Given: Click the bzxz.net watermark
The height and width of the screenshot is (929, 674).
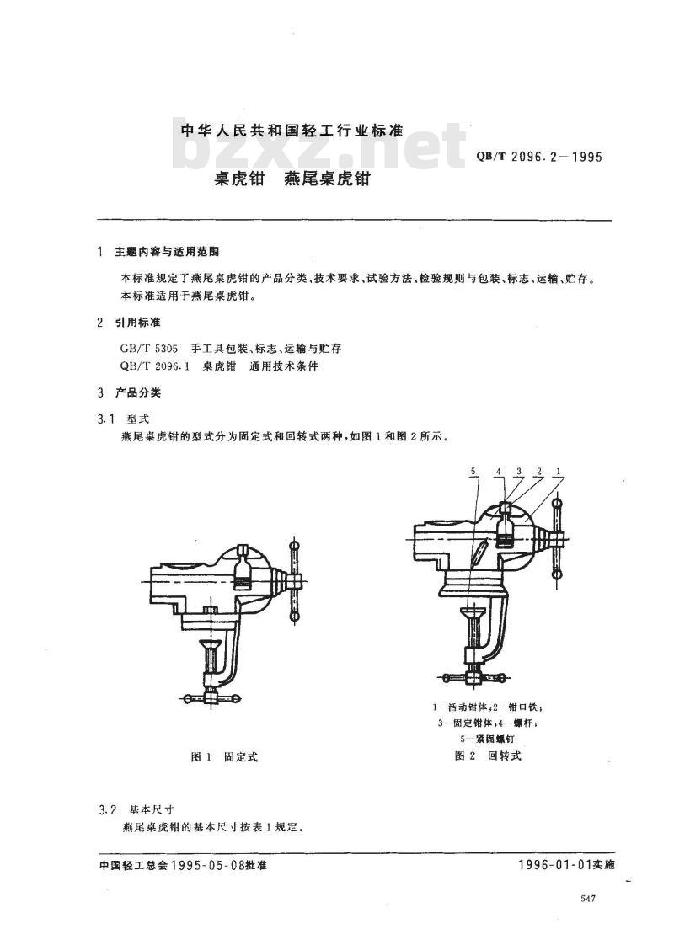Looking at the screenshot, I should point(320,152).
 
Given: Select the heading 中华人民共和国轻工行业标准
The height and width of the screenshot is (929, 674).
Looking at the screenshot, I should point(293,131).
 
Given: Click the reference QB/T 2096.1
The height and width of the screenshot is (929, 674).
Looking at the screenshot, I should point(152,366).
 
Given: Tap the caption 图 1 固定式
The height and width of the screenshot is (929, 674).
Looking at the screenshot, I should point(224,757).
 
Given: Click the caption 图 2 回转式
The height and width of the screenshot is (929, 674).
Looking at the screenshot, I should point(489,755).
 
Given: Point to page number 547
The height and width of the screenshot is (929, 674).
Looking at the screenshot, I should point(588,900).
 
